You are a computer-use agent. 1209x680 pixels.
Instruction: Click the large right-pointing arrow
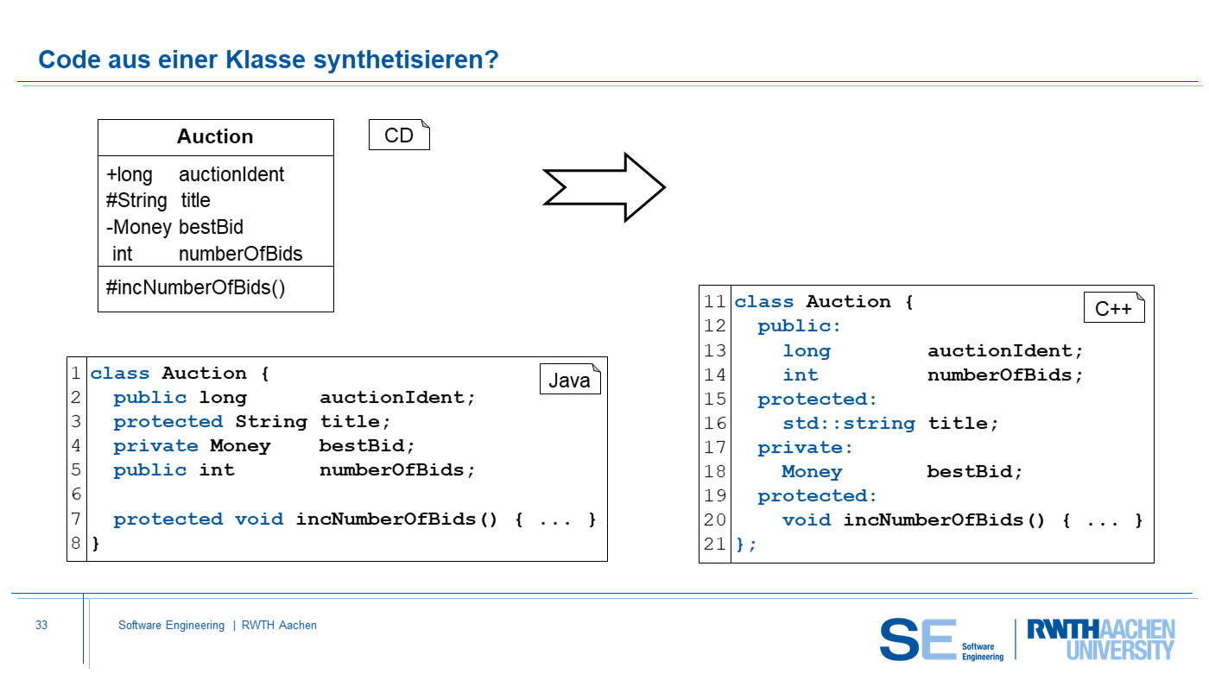[x=604, y=187]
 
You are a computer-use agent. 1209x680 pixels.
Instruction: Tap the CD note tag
[x=399, y=135]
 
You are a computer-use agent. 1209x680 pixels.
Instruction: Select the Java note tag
[x=570, y=381]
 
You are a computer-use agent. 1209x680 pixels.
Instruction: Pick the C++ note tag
[x=1113, y=308]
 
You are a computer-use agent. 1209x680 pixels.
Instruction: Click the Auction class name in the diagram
[x=215, y=137]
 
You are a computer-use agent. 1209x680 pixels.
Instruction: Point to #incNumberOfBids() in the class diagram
[x=195, y=287]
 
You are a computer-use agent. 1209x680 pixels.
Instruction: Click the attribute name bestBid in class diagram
[x=211, y=227]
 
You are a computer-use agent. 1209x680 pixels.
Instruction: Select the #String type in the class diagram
[x=136, y=201]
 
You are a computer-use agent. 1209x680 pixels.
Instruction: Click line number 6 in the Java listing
[x=76, y=494]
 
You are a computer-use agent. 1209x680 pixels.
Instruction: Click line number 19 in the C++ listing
[x=715, y=496]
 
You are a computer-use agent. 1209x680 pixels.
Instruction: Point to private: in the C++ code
[x=805, y=448]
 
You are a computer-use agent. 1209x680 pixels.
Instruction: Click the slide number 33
[x=41, y=626]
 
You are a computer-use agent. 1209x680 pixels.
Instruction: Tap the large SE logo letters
[x=918, y=639]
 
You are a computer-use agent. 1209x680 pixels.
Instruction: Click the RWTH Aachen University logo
[x=1100, y=639]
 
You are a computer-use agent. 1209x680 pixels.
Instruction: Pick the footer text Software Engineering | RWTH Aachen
[x=218, y=626]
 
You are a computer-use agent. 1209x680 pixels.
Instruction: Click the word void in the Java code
[x=258, y=519]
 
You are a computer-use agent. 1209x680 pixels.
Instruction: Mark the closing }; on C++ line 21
[x=745, y=545]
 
